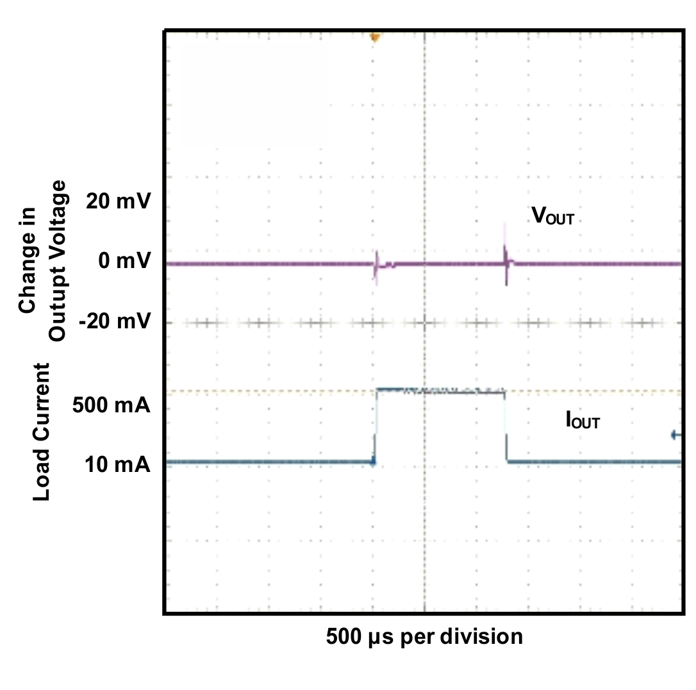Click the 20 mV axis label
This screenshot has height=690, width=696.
click(x=118, y=203)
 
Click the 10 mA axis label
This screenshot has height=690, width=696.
click(x=117, y=464)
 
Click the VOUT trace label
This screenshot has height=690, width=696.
click(x=552, y=216)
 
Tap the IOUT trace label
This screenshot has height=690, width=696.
click(x=583, y=421)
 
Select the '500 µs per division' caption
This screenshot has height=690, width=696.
click(x=424, y=637)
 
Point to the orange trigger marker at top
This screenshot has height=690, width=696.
click(x=375, y=38)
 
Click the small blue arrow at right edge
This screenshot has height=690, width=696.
click(x=675, y=435)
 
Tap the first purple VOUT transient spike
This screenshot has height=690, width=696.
click(x=376, y=266)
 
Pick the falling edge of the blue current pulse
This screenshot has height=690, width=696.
click(x=506, y=426)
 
